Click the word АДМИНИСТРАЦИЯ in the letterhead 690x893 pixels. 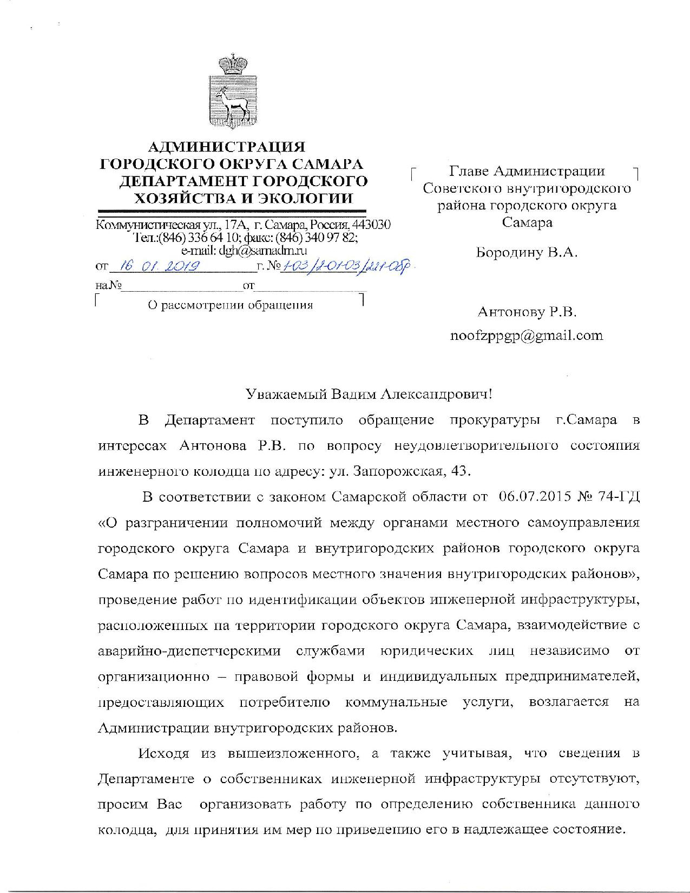227,147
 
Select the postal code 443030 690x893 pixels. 372,225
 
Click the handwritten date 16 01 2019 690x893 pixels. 160,266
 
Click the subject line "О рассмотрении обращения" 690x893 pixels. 231,305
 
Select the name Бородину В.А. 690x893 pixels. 527,252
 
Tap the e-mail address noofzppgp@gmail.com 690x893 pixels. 527,336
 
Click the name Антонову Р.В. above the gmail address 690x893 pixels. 527,312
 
